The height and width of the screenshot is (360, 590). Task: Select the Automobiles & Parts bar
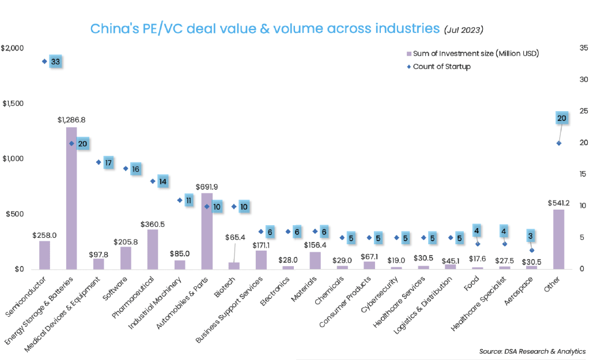(x=207, y=231)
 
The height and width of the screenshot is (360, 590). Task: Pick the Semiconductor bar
(x=44, y=255)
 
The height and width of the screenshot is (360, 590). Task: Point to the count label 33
(x=55, y=62)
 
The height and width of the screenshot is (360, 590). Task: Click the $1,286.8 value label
(x=71, y=120)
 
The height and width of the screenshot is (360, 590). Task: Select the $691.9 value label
(x=207, y=187)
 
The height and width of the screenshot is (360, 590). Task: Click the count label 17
(x=108, y=162)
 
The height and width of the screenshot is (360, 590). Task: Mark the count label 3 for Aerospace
(x=531, y=236)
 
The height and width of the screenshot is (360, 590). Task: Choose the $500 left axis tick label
(x=15, y=214)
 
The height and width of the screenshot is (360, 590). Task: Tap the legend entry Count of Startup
(x=441, y=67)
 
